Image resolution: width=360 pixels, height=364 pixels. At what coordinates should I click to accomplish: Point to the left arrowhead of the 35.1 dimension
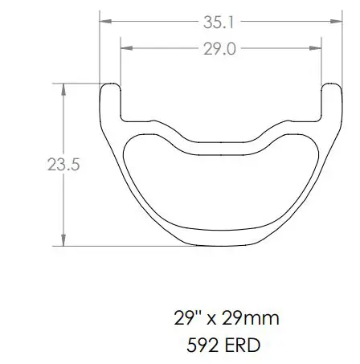click(104, 23)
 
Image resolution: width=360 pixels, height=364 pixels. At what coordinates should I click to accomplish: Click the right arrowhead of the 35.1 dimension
click(332, 23)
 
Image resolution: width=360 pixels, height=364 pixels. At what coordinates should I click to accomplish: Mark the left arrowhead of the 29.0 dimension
click(125, 49)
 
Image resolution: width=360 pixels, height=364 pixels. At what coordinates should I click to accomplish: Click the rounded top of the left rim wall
click(109, 84)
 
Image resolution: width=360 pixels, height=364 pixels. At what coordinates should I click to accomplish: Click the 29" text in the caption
click(185, 318)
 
